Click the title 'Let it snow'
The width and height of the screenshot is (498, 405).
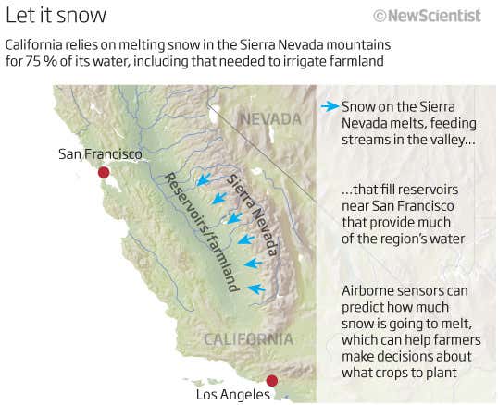[x=56, y=16]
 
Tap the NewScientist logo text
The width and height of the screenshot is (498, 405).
[x=434, y=16]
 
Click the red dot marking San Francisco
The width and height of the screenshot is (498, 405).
[x=104, y=172]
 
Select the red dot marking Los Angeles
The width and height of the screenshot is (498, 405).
[x=271, y=380]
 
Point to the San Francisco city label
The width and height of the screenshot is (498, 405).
[x=99, y=153]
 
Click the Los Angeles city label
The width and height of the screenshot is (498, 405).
[x=232, y=395]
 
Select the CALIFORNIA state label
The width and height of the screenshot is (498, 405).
[x=249, y=338]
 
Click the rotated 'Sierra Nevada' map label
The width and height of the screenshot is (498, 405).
[x=252, y=214]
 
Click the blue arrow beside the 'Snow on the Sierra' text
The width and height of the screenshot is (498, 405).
[x=329, y=106]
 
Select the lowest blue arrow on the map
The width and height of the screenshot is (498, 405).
[x=256, y=289]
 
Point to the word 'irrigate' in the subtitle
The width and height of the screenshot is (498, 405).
[x=296, y=63]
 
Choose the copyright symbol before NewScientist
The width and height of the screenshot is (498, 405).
[x=380, y=16]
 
